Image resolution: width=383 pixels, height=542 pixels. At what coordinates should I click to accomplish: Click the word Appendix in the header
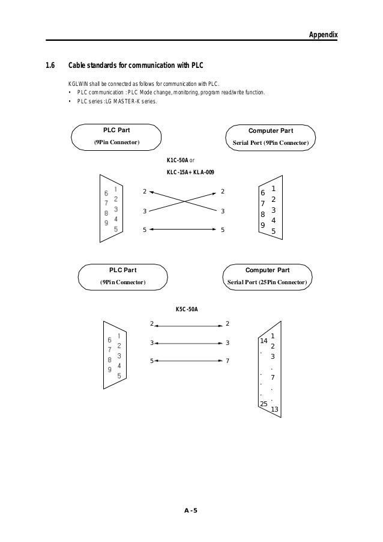323,35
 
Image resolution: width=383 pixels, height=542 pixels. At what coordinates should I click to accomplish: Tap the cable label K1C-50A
177,161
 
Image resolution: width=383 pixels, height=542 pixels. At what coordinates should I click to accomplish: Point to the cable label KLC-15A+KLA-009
190,172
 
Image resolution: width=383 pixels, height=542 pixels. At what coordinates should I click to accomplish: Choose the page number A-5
191,511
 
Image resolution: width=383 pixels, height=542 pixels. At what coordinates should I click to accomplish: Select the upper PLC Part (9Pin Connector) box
116,136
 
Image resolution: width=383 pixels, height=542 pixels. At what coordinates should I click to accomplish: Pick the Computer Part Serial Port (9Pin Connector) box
270,136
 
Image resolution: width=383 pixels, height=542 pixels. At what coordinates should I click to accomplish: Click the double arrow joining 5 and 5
183,229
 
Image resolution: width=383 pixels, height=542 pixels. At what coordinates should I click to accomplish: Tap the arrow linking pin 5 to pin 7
188,361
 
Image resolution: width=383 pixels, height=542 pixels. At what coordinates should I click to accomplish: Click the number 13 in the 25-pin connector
274,410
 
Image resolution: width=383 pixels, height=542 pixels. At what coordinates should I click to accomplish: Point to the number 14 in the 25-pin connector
262,341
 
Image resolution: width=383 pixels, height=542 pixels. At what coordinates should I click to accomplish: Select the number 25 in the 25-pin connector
263,403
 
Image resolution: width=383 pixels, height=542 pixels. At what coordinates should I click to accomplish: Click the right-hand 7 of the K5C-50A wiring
228,361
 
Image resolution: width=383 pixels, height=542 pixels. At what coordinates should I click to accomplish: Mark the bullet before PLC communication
70,93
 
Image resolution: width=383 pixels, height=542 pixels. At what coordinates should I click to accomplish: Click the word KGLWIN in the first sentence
78,83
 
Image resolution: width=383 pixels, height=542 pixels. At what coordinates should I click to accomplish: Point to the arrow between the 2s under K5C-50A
188,325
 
